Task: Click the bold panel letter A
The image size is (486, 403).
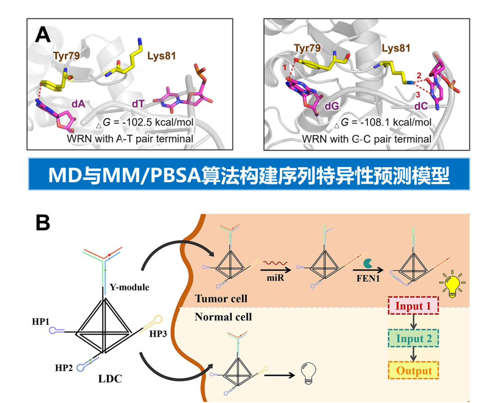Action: pyautogui.click(x=43, y=35)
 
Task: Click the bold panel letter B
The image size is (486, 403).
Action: pyautogui.click(x=43, y=224)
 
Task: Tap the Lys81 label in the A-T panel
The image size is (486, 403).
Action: pyautogui.click(x=161, y=56)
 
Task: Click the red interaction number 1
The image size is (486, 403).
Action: pyautogui.click(x=284, y=67)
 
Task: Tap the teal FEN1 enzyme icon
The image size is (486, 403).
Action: pyautogui.click(x=367, y=261)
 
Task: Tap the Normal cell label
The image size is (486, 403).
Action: pyautogui.click(x=223, y=317)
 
